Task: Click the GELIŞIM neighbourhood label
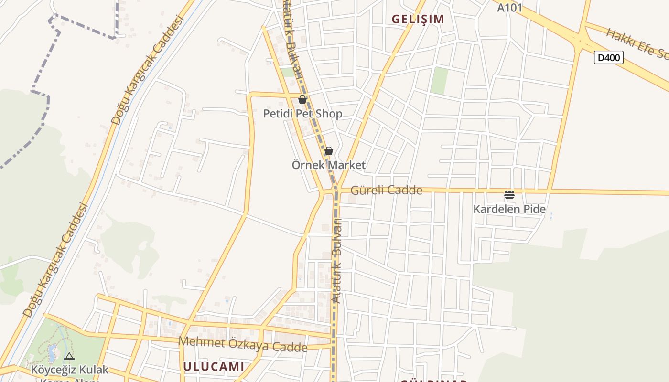click(418, 19)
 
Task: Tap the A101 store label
click(509, 8)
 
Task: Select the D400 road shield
click(609, 58)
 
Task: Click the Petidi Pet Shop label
click(302, 114)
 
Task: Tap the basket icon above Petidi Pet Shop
click(302, 99)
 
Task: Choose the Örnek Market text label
click(328, 165)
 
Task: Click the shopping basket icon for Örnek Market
click(328, 151)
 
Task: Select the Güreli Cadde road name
click(386, 191)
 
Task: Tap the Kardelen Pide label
click(509, 209)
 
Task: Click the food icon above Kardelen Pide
click(509, 195)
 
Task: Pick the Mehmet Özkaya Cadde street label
click(243, 344)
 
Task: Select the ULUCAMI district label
click(214, 367)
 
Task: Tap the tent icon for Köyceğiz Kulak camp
click(69, 356)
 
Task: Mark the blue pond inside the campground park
click(52, 354)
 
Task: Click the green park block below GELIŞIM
click(439, 81)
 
